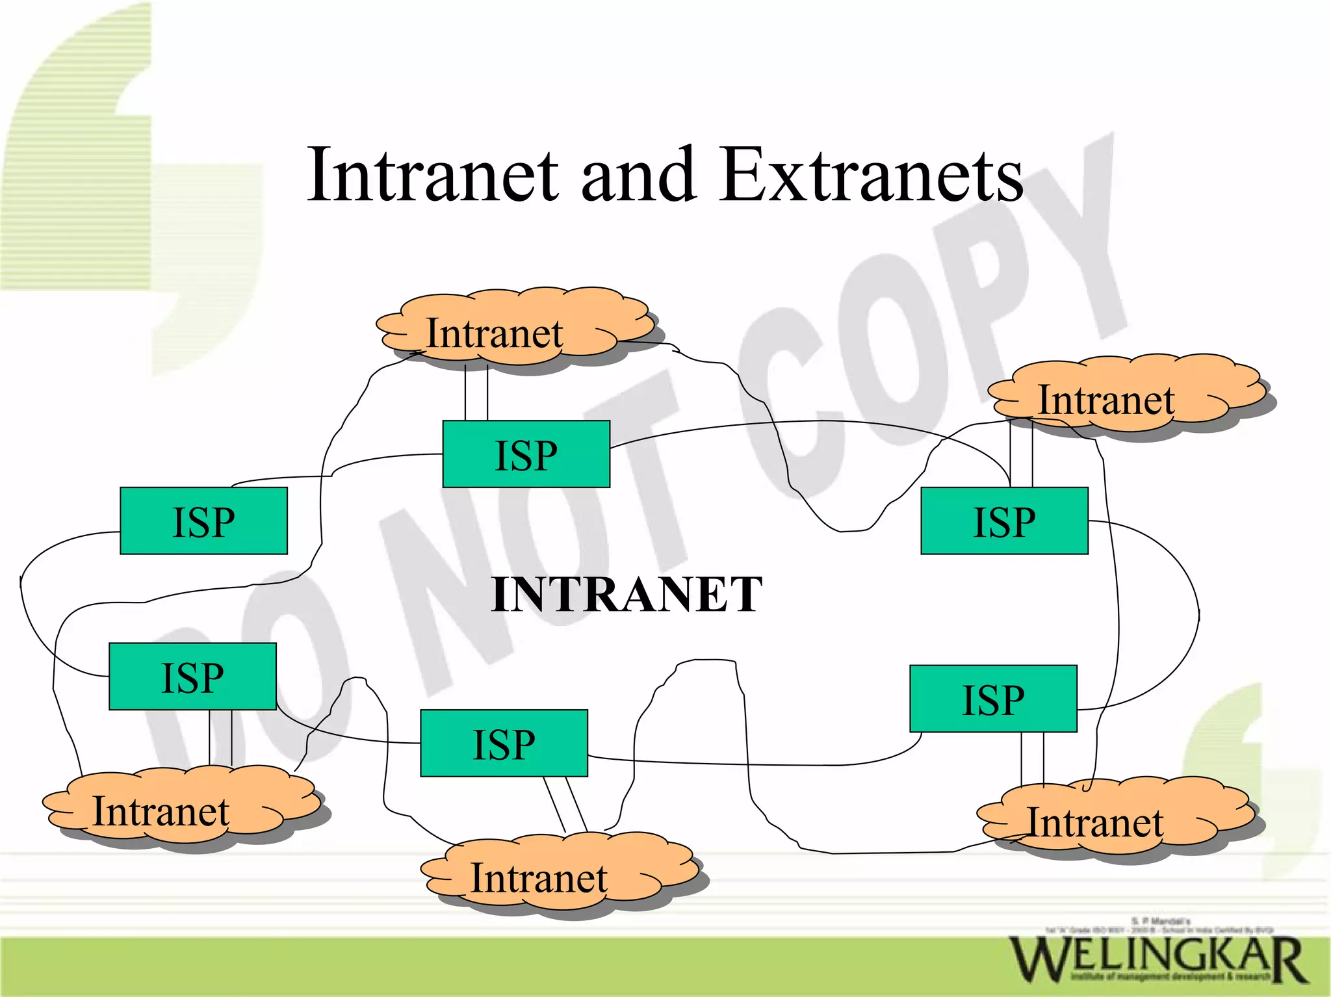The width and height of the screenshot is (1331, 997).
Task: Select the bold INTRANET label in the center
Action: (627, 594)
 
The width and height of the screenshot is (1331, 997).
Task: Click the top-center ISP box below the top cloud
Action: (526, 454)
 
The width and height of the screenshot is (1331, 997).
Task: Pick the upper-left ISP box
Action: (203, 521)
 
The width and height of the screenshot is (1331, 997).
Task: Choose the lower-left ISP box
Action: (192, 677)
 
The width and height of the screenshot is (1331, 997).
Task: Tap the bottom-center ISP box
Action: (504, 743)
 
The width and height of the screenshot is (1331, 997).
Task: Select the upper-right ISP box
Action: (1004, 521)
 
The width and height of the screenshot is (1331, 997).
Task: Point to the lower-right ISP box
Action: (993, 699)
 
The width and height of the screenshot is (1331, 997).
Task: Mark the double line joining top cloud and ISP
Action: (476, 393)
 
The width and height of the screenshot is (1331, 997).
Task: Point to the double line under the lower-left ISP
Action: (220, 738)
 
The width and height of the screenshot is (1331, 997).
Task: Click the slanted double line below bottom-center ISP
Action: (565, 805)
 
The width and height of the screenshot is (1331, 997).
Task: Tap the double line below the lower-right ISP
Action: (1033, 758)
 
